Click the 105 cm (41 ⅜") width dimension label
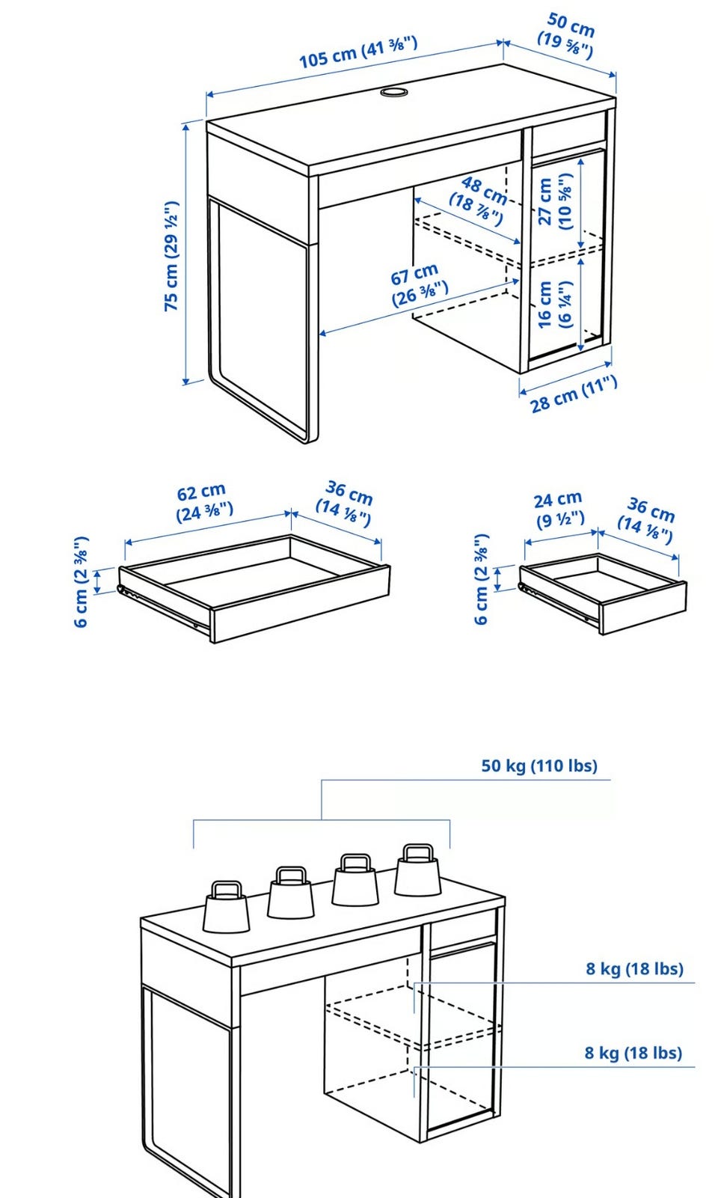click(x=358, y=52)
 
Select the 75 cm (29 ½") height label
click(x=171, y=256)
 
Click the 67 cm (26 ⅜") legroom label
click(x=418, y=284)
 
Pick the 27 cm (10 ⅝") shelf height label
click(x=555, y=201)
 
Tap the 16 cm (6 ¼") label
click(x=555, y=305)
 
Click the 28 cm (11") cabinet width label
click(x=574, y=394)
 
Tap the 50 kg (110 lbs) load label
click(x=539, y=765)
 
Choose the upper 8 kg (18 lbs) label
click(x=634, y=968)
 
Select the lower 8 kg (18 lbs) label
click(x=633, y=1053)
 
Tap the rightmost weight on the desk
click(x=417, y=870)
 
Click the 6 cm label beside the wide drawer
click(x=81, y=581)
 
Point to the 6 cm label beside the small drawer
click(x=481, y=578)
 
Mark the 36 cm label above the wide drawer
click(x=346, y=504)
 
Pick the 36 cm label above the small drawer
click(x=647, y=520)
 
